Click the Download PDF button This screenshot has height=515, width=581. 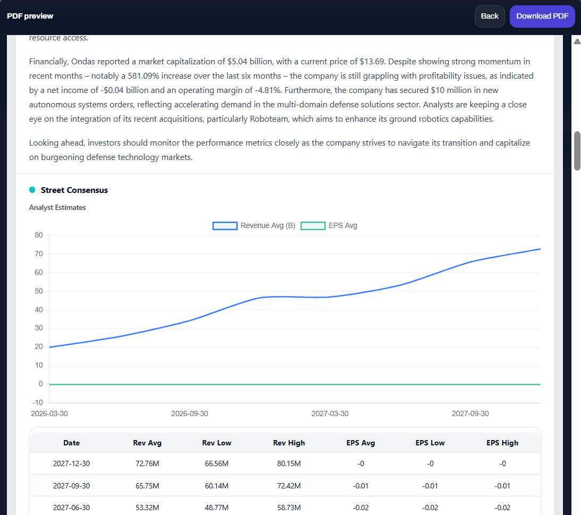(542, 16)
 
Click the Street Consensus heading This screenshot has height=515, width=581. (74, 190)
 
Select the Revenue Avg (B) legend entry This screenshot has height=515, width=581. (254, 225)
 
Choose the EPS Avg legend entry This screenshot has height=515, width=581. (329, 225)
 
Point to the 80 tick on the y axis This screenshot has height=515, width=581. (38, 235)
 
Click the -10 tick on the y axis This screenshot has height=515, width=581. (37, 402)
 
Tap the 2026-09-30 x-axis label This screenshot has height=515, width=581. (190, 413)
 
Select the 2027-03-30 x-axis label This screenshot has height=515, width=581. (330, 413)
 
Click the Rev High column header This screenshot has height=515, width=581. (289, 443)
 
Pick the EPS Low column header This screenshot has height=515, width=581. (430, 443)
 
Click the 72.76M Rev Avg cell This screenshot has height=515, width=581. (147, 463)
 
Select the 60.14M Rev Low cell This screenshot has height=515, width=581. (216, 486)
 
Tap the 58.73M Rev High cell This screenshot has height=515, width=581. (289, 508)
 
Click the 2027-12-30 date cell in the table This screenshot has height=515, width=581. (71, 463)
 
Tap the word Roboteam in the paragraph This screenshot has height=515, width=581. (270, 119)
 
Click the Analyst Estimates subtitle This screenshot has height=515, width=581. (57, 208)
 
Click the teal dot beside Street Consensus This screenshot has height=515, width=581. (32, 190)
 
